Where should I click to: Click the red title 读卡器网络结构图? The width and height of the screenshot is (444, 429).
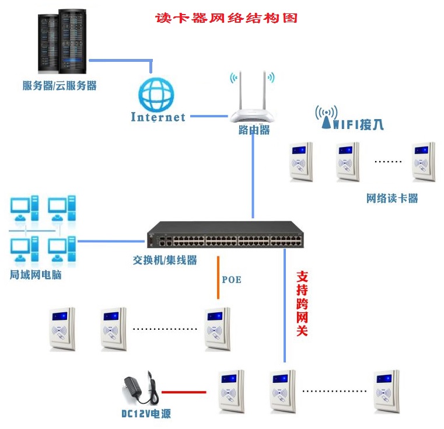coord(226,18)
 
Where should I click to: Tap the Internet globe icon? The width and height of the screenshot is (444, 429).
coord(156,93)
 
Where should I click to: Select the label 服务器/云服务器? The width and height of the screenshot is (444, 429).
coord(60,86)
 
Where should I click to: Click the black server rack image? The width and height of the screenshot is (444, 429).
coord(60,41)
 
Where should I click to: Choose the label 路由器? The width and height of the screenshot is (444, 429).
coord(254,130)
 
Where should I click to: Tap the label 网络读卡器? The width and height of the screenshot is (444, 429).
coord(392,198)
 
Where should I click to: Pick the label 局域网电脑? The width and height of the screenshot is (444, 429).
coord(36,274)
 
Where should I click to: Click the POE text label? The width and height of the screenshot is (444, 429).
coord(232,280)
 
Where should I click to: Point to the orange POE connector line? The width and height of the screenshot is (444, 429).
coord(219,277)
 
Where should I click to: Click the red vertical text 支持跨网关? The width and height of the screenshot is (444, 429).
coord(302,303)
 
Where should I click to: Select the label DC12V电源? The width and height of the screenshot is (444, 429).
coord(146,414)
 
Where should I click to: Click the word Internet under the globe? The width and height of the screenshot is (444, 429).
coord(158,117)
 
